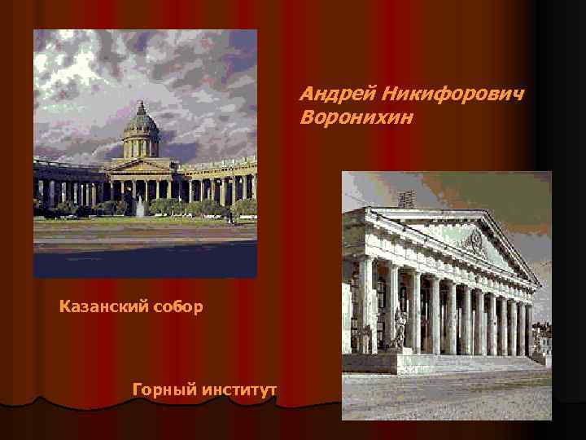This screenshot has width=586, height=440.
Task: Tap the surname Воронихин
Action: click(x=356, y=118)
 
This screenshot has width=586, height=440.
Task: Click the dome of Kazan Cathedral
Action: click(x=141, y=121)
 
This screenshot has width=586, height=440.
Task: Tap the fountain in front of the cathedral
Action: click(x=140, y=207)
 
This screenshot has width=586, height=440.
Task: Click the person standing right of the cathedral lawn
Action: click(x=230, y=218)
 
